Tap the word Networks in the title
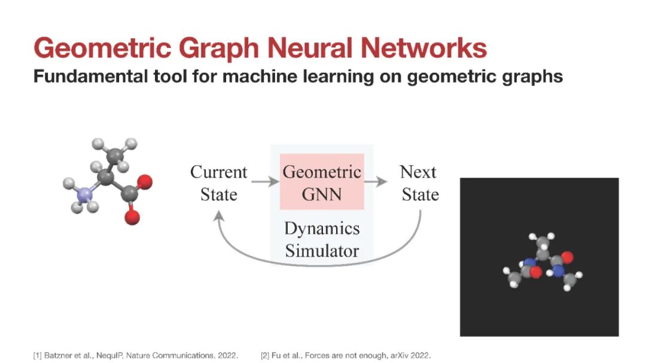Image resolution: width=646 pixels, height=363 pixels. tap(424, 48)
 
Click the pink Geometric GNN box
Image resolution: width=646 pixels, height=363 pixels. tap(322, 182)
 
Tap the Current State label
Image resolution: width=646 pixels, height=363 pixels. tap(219, 183)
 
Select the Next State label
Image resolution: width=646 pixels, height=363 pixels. tap(419, 183)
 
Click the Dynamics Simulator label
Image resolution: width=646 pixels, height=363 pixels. tap(322, 239)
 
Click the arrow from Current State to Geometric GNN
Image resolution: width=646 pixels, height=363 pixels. tap(266, 181)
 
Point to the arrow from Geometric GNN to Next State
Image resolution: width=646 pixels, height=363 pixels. tap(376, 181)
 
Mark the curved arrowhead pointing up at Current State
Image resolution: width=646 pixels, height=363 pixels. tap(218, 216)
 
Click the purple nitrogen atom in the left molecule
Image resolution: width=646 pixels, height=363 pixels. tap(85, 194)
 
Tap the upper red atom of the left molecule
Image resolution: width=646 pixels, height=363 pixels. tap(145, 182)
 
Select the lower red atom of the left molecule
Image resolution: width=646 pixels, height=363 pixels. tap(132, 217)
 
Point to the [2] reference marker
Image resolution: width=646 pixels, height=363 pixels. tap(265, 355)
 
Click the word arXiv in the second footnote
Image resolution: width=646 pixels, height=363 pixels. tap(400, 355)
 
